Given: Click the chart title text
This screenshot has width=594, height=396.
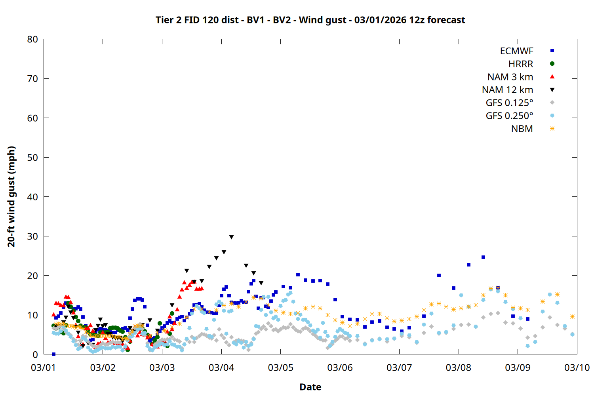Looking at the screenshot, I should pyautogui.click(x=310, y=20).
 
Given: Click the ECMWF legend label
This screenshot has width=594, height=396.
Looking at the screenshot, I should pyautogui.click(x=516, y=51).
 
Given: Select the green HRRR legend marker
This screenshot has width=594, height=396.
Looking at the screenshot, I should pyautogui.click(x=552, y=63).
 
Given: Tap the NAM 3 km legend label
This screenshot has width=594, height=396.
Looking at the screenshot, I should pyautogui.click(x=510, y=77).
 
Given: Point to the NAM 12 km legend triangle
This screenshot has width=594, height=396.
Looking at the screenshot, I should pyautogui.click(x=552, y=90).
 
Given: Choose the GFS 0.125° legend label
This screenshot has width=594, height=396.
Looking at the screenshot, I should pyautogui.click(x=509, y=103).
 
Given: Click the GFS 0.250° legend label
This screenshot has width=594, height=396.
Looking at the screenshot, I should pyautogui.click(x=509, y=116).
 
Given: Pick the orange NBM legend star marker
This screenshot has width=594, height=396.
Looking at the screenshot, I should pyautogui.click(x=552, y=129).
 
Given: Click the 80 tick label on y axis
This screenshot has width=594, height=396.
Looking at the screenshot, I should pyautogui.click(x=33, y=39).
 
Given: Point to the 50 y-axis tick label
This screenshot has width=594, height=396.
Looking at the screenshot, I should pyautogui.click(x=33, y=157).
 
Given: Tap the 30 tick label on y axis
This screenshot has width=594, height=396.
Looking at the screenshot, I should pyautogui.click(x=33, y=236).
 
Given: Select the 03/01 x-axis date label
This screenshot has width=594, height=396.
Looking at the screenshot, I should pyautogui.click(x=44, y=367).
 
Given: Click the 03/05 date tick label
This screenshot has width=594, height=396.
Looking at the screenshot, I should pyautogui.click(x=281, y=367).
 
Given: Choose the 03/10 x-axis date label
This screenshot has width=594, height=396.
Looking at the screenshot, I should pyautogui.click(x=577, y=367).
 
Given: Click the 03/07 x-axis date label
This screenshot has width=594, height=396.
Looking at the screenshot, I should pyautogui.click(x=399, y=367).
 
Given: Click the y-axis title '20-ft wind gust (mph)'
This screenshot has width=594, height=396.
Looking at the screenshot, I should pyautogui.click(x=11, y=196).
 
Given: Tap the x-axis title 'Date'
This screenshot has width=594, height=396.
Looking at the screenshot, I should pyautogui.click(x=310, y=387).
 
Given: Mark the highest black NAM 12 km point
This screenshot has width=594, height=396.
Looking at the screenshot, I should pyautogui.click(x=231, y=237).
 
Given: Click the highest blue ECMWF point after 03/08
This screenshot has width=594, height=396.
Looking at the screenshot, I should pyautogui.click(x=483, y=257).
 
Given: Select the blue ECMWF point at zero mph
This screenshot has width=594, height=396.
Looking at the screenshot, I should pyautogui.click(x=53, y=354).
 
